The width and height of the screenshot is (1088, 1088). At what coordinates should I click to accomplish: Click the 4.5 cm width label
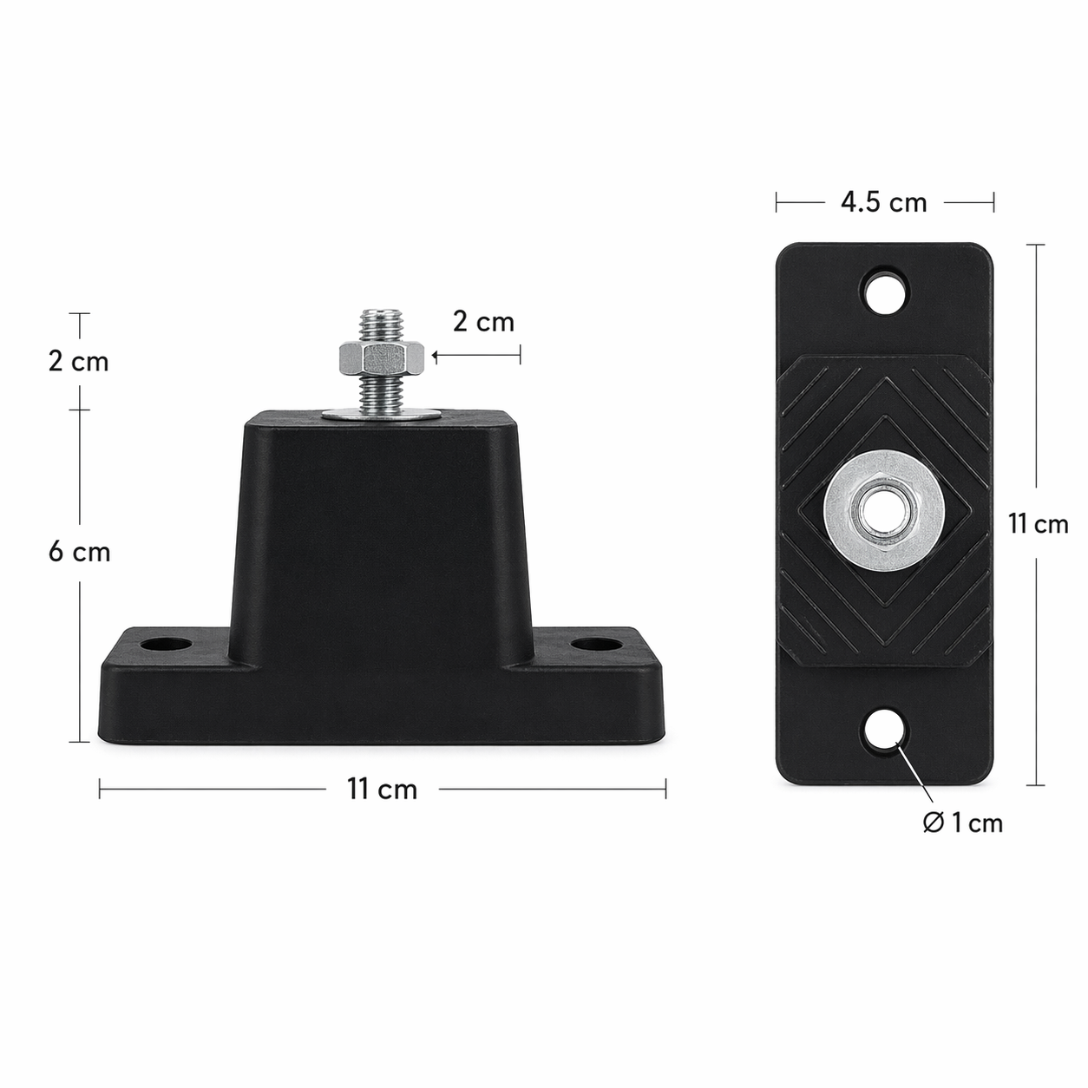click(x=883, y=202)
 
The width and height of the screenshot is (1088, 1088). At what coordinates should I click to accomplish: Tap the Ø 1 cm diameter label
click(x=962, y=823)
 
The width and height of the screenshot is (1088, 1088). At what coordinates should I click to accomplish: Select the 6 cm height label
click(x=79, y=552)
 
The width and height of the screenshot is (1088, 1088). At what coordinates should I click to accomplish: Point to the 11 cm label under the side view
click(x=382, y=790)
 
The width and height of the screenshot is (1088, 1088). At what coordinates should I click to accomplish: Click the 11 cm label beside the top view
click(x=1038, y=524)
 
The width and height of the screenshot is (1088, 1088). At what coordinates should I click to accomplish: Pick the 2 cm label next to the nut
click(x=483, y=322)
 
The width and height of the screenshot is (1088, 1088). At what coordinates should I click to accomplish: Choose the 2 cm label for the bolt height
click(x=79, y=361)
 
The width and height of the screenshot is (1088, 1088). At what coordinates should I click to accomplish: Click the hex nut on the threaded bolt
click(x=381, y=355)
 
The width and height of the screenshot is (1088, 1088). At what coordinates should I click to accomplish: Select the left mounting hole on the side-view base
click(x=167, y=646)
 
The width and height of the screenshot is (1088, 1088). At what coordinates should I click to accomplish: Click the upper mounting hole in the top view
click(x=885, y=291)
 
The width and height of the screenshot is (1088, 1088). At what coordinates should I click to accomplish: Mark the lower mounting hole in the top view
click(x=885, y=731)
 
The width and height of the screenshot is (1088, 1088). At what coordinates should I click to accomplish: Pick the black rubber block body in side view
click(x=382, y=538)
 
